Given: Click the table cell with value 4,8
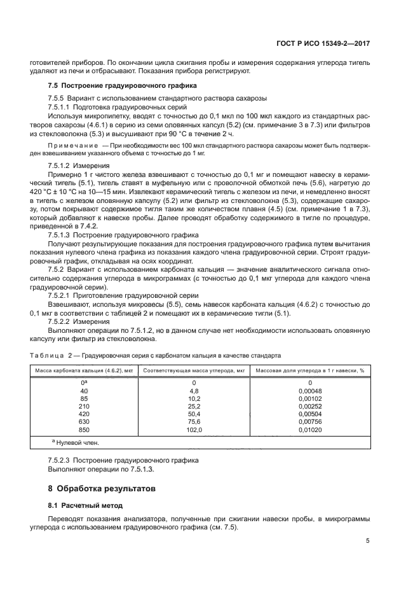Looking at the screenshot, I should pos(194,390).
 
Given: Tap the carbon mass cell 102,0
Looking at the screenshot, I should pos(194,431).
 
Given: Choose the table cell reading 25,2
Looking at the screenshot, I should pos(194,406).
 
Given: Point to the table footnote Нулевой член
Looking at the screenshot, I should pos(79,443).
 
